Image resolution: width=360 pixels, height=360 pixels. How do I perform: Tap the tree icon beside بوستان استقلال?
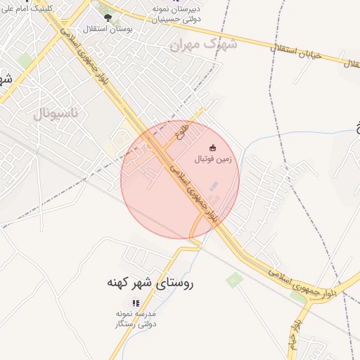tap(108, 18)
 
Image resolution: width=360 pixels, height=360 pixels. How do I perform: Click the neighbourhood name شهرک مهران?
tap(204, 44)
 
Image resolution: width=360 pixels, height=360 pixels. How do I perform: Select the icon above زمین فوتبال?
tap(213, 148)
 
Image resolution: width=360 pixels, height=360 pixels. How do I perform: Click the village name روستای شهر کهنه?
tap(149, 283)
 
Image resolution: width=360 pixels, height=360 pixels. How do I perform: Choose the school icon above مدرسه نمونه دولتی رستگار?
tap(136, 302)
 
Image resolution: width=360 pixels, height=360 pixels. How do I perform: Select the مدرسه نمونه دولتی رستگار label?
tap(136, 319)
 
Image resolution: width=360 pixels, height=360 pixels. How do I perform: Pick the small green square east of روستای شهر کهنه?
tap(234, 280)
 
